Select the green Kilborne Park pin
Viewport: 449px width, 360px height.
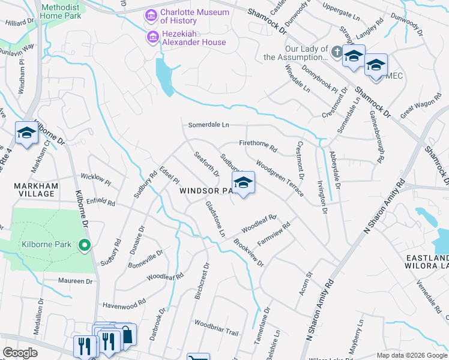pyautogui.click(x=85, y=244)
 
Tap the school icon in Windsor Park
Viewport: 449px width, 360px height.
pyautogui.click(x=243, y=184)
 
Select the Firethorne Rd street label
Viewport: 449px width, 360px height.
pyautogui.click(x=258, y=145)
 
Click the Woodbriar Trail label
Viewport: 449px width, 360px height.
pyautogui.click(x=216, y=328)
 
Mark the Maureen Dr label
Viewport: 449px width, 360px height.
pyautogui.click(x=76, y=281)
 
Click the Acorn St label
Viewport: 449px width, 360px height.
pyautogui.click(x=305, y=283)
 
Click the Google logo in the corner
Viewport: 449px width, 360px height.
pyautogui.click(x=20, y=352)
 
